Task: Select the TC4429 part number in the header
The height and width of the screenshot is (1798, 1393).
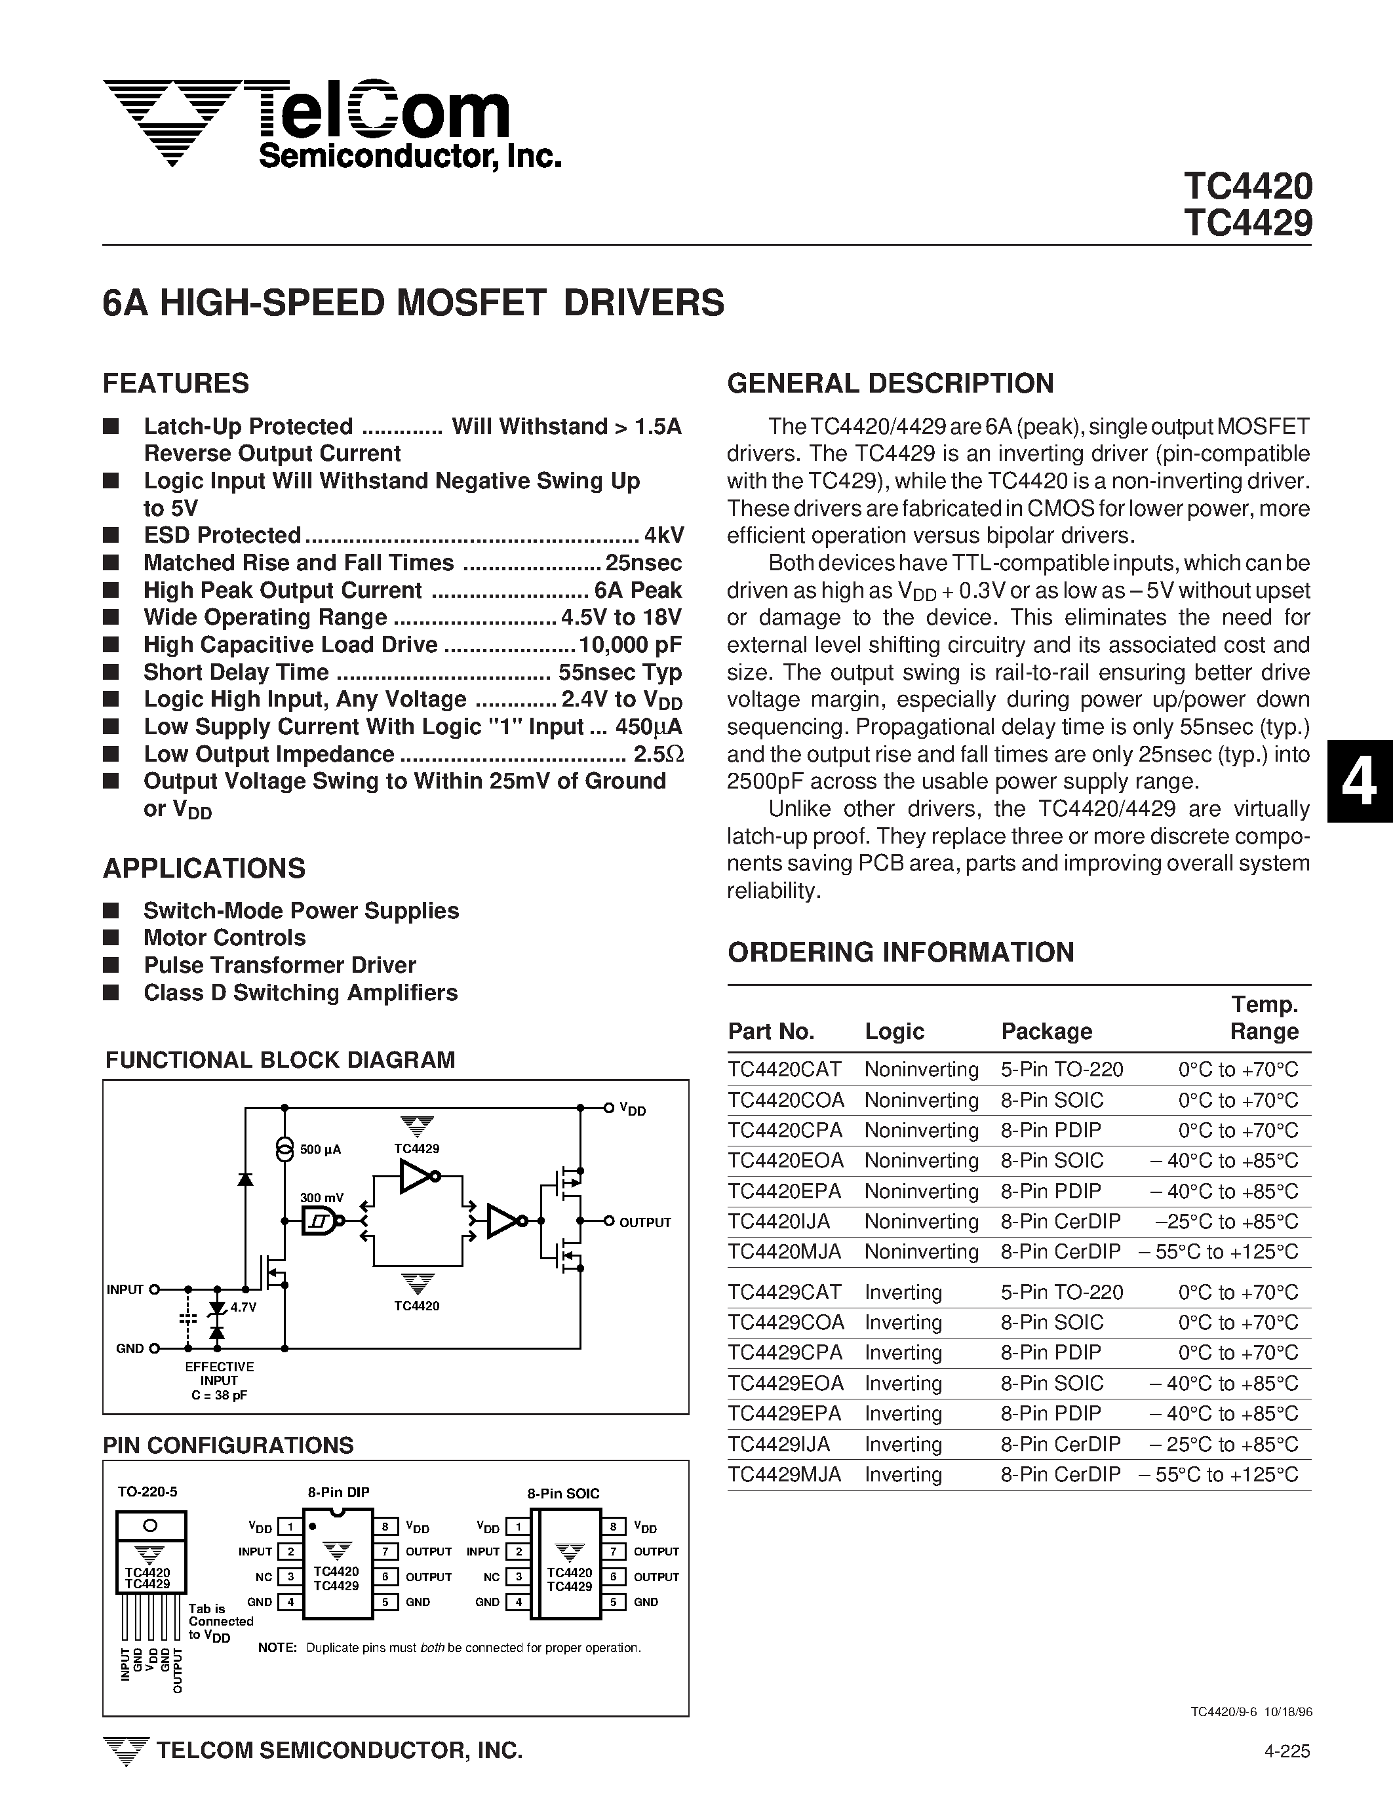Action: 1247,223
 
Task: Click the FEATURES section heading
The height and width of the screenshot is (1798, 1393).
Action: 176,383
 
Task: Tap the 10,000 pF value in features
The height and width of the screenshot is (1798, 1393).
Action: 630,644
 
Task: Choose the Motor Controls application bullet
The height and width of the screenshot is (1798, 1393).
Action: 224,938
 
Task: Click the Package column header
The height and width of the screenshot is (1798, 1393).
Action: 1046,1032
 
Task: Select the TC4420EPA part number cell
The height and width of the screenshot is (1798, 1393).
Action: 785,1191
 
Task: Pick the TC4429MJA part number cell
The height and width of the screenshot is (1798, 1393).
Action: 785,1474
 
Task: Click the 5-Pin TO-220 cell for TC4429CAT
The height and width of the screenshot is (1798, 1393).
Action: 1062,1293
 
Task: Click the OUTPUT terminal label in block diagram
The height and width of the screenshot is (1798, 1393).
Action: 644,1222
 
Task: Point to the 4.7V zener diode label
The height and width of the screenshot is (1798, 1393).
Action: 244,1306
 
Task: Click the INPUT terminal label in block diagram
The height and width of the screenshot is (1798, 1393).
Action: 125,1289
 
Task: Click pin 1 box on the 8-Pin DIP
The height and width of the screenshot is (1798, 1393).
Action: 290,1527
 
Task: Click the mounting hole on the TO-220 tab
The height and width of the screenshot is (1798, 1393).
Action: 150,1525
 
